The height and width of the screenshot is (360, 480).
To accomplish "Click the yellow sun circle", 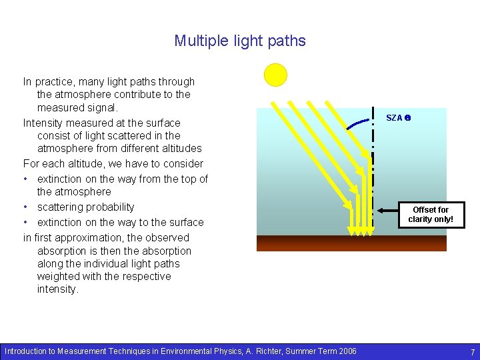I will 275,75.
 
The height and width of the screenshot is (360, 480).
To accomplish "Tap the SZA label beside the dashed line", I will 398,118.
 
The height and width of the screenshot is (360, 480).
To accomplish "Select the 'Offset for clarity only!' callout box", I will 430,214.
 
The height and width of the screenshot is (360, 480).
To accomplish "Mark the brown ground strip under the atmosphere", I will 351,243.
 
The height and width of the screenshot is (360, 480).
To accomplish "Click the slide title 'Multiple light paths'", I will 240,41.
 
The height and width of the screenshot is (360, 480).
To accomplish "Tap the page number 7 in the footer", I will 472,351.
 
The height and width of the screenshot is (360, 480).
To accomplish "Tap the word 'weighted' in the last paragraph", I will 59,277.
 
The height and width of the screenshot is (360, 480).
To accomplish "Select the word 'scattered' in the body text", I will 124,135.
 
